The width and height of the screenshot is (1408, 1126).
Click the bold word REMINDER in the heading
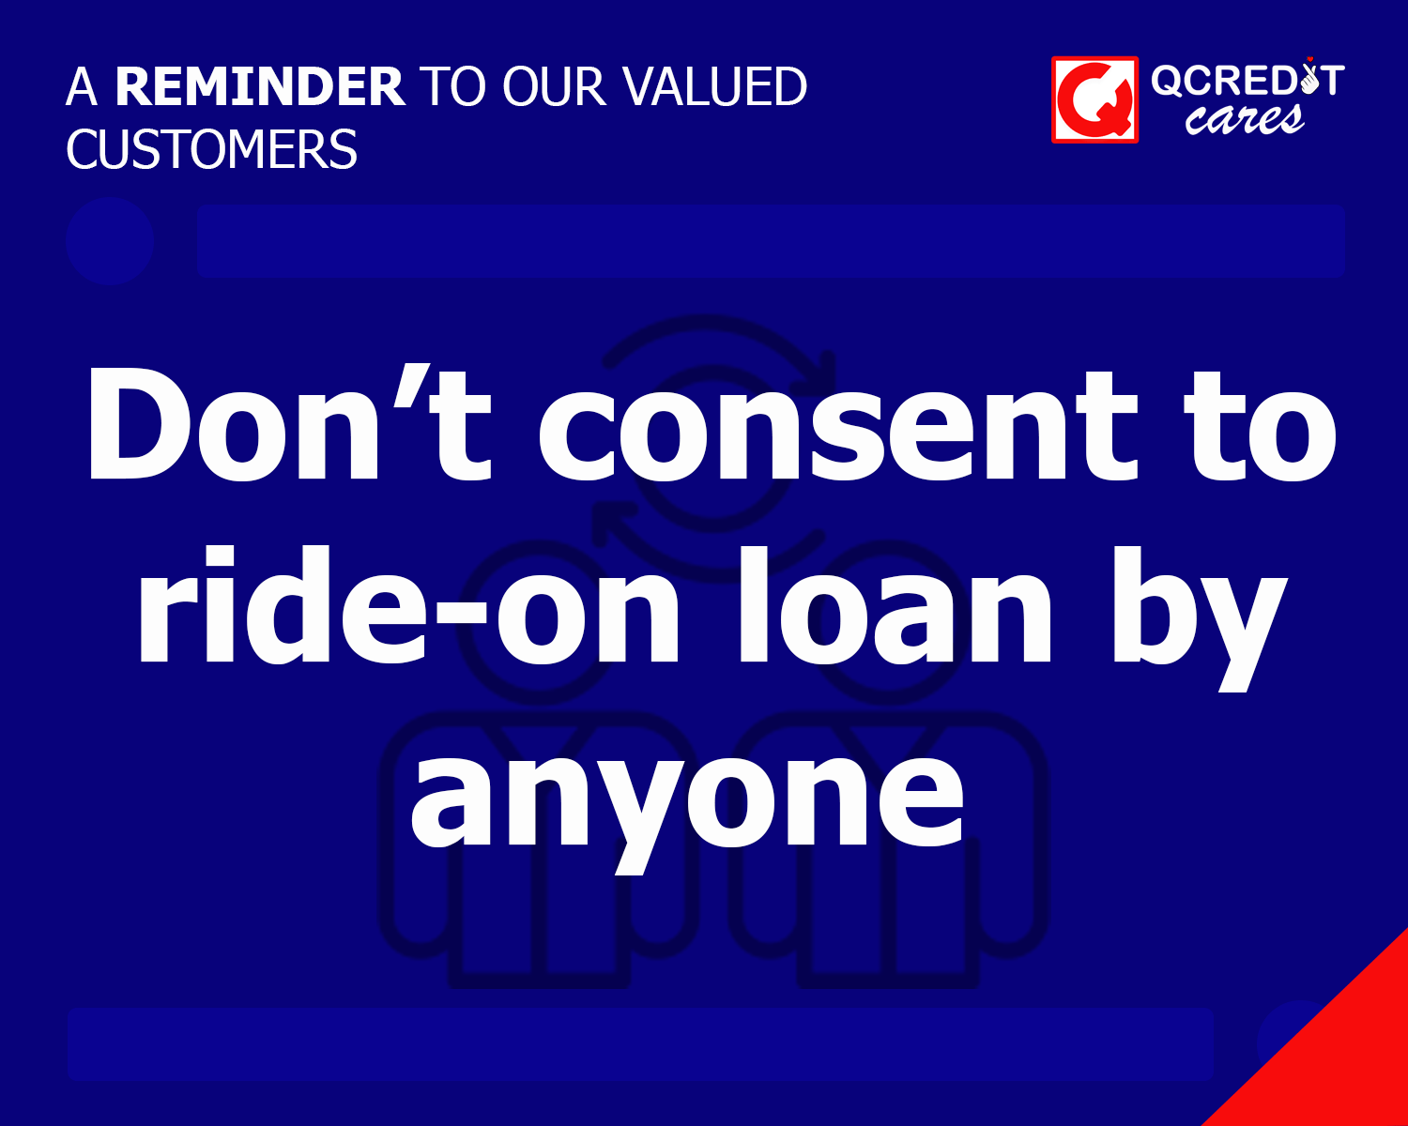(259, 86)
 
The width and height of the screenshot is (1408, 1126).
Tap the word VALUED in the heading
(715, 86)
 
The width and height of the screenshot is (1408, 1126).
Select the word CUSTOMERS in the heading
(212, 149)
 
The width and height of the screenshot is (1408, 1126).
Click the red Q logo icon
(1094, 99)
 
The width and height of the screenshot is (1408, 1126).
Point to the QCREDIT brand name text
(1247, 81)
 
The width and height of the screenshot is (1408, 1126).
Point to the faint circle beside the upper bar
(110, 241)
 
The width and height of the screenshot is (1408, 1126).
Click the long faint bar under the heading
(770, 241)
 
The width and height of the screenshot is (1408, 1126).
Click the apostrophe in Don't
(405, 385)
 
